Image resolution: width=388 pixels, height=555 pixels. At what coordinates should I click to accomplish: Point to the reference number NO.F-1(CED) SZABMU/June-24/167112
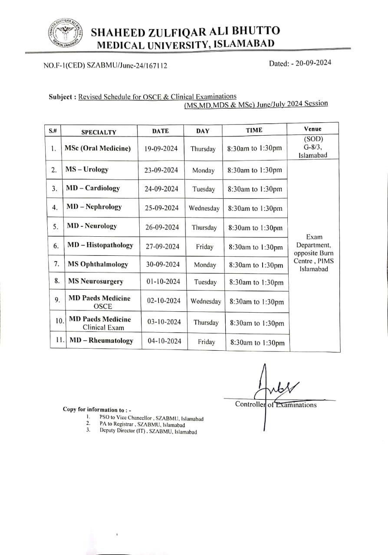(x=105, y=66)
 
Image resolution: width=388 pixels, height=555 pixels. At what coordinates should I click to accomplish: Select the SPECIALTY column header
(x=99, y=132)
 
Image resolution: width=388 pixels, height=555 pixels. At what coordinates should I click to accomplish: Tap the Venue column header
(x=313, y=129)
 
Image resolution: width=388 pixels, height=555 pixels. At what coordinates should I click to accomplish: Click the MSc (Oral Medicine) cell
(x=98, y=148)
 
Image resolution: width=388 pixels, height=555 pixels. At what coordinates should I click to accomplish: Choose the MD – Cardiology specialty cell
(x=93, y=188)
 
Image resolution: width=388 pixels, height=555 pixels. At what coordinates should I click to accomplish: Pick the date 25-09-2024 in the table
(x=161, y=208)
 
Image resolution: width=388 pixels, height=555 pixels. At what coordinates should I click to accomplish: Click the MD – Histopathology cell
(x=100, y=245)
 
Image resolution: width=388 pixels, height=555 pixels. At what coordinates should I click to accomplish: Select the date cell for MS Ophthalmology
(x=162, y=264)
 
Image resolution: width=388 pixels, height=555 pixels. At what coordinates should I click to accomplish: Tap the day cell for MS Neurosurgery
(x=205, y=282)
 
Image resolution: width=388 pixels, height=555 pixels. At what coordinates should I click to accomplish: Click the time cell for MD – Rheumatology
(x=257, y=343)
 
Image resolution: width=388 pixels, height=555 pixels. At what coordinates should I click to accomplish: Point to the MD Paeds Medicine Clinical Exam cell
(x=100, y=323)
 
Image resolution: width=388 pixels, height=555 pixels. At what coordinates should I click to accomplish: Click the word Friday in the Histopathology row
(x=204, y=247)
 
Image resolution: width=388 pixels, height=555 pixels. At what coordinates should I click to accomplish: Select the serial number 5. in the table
(x=55, y=227)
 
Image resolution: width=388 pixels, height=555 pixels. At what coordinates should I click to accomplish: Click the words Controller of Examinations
(x=276, y=405)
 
